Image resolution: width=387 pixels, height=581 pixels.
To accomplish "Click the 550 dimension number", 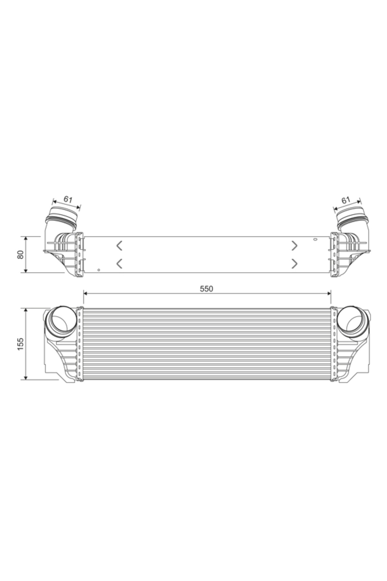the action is click(x=206, y=289).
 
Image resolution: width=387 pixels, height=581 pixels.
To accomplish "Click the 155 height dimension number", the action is click(x=21, y=344).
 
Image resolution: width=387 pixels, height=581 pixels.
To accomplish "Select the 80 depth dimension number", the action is click(x=21, y=254).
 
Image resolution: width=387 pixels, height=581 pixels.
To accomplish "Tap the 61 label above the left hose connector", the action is click(x=68, y=199).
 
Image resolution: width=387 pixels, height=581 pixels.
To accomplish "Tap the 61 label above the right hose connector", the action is click(x=346, y=200).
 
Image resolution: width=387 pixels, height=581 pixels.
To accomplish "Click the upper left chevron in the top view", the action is click(x=119, y=246).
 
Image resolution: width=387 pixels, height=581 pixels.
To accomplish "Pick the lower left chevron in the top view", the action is click(x=119, y=263).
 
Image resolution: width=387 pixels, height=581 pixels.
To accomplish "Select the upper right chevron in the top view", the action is click(x=294, y=246).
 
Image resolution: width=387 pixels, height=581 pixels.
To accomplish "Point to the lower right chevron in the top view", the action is click(x=294, y=263).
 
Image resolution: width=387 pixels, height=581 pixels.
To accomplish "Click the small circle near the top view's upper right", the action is click(x=316, y=239).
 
